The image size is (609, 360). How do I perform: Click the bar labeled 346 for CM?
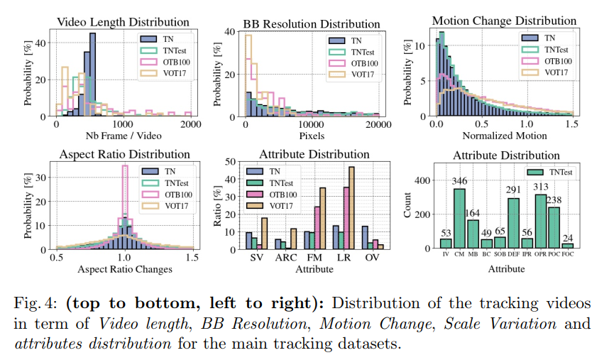pyautogui.click(x=459, y=219)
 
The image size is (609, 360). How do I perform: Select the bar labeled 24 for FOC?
pyautogui.click(x=568, y=246)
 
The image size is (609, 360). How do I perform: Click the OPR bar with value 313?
pyautogui.click(x=541, y=222)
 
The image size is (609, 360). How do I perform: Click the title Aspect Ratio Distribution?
pyautogui.click(x=123, y=154)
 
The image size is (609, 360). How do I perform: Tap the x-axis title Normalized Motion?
pyautogui.click(x=503, y=136)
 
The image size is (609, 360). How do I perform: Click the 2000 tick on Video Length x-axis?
pyautogui.click(x=191, y=124)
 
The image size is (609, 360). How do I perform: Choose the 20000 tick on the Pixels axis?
pyautogui.click(x=378, y=124)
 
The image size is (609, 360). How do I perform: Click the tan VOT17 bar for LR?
pyautogui.click(x=351, y=207)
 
